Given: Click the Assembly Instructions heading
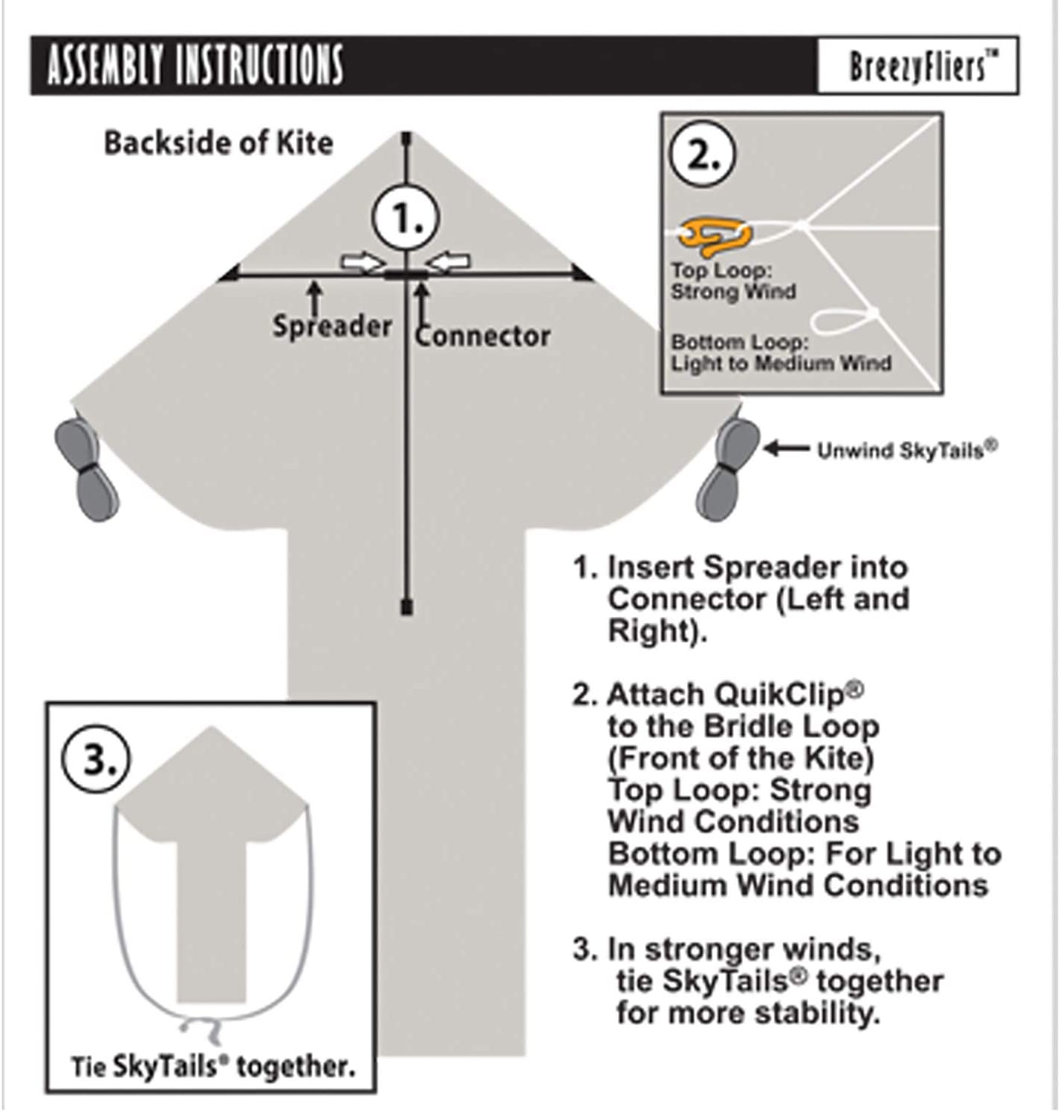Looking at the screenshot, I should click(x=195, y=65).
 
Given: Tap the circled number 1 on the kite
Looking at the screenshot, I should click(x=406, y=218).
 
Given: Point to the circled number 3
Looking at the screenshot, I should click(x=96, y=759).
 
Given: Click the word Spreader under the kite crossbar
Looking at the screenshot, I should click(x=331, y=326).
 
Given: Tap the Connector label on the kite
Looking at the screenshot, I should click(x=483, y=336).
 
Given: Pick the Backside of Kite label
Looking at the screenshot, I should click(x=218, y=143).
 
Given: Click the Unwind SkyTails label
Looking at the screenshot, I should click(x=907, y=450).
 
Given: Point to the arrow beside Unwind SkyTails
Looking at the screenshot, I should click(x=786, y=448).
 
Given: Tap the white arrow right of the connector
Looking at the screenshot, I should click(x=449, y=261).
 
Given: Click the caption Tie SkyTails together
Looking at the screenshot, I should click(x=212, y=1067).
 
